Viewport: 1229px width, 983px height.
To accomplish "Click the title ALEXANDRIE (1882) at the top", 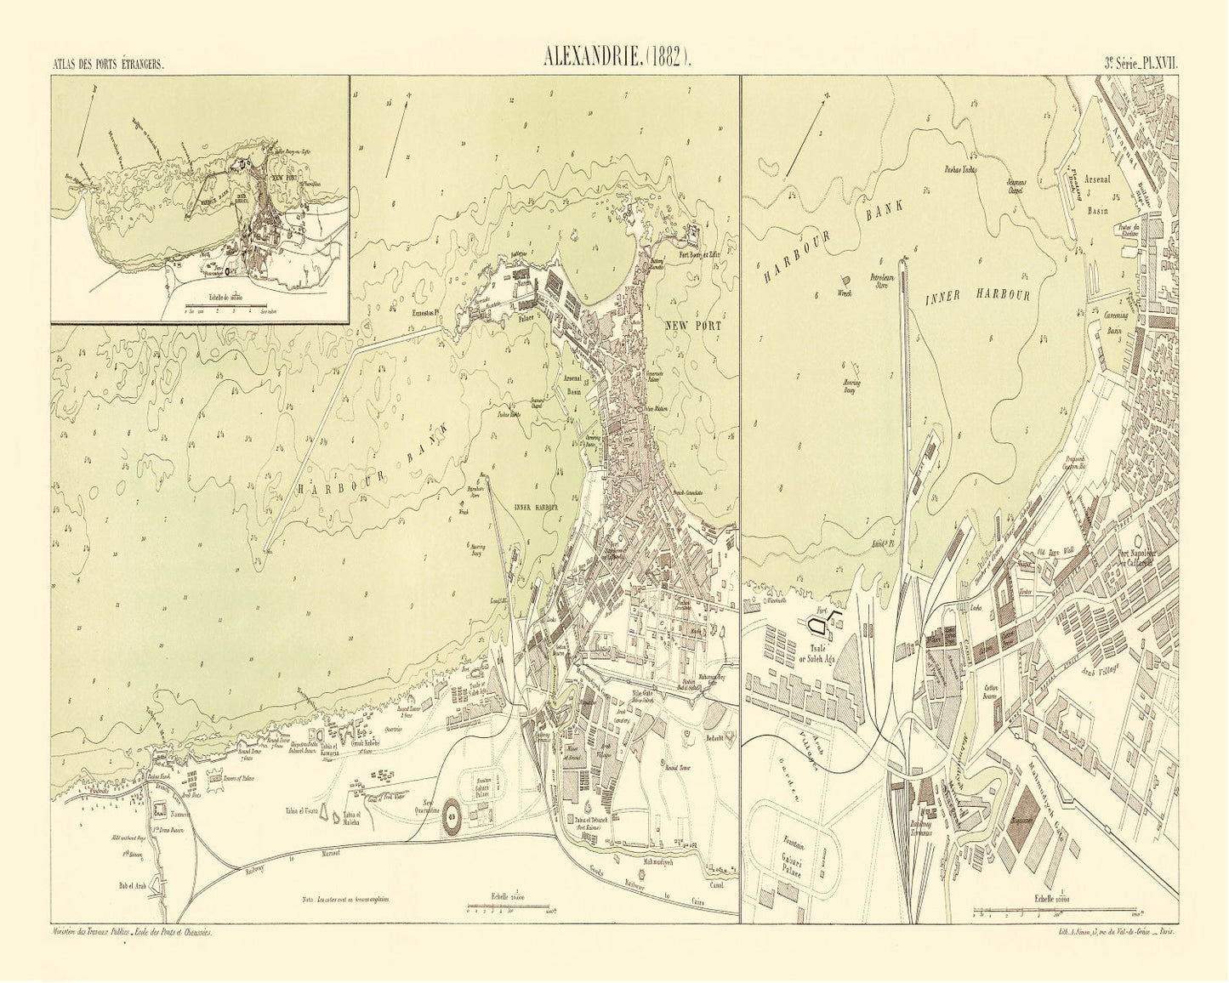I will point(618,60).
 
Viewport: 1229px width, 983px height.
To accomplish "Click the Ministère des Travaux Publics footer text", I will point(132,934).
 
